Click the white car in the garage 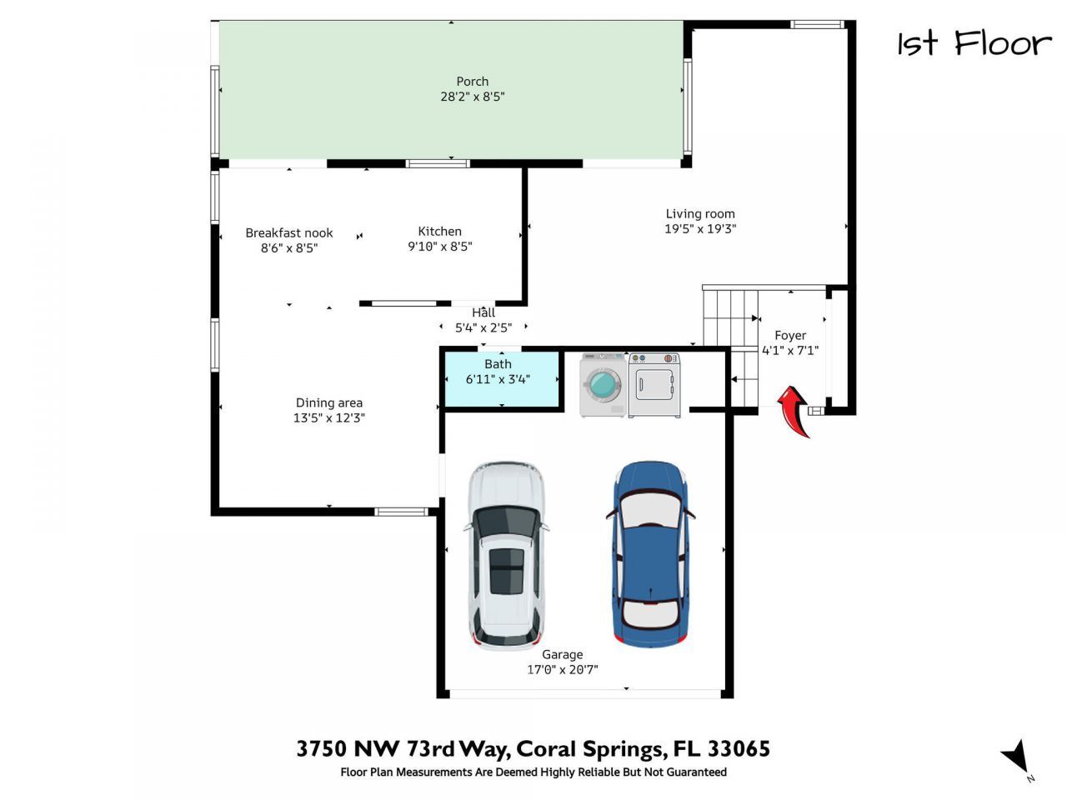pyautogui.click(x=507, y=553)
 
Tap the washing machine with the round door pyautogui.click(x=603, y=384)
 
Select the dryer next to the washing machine pyautogui.click(x=654, y=384)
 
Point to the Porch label pyautogui.click(x=472, y=82)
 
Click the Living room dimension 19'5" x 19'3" pyautogui.click(x=699, y=229)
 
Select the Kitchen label pyautogui.click(x=439, y=232)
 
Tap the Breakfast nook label pyautogui.click(x=288, y=233)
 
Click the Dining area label pyautogui.click(x=328, y=403)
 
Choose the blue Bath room pyautogui.click(x=500, y=380)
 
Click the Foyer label pyautogui.click(x=789, y=336)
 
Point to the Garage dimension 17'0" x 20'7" pyautogui.click(x=562, y=670)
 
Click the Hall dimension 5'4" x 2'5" pyautogui.click(x=483, y=328)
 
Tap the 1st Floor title pyautogui.click(x=974, y=43)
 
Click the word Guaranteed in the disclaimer pyautogui.click(x=691, y=772)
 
